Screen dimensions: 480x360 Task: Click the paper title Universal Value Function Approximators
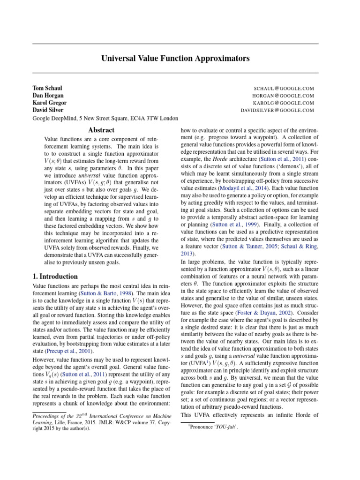(175, 59)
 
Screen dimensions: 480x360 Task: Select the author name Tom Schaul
(47, 88)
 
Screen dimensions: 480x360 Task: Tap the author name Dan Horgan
(49, 96)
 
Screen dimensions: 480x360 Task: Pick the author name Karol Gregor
(49, 103)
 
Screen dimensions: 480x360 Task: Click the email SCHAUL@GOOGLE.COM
(284, 88)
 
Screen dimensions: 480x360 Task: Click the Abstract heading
(101, 130)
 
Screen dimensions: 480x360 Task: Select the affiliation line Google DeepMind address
(105, 119)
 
